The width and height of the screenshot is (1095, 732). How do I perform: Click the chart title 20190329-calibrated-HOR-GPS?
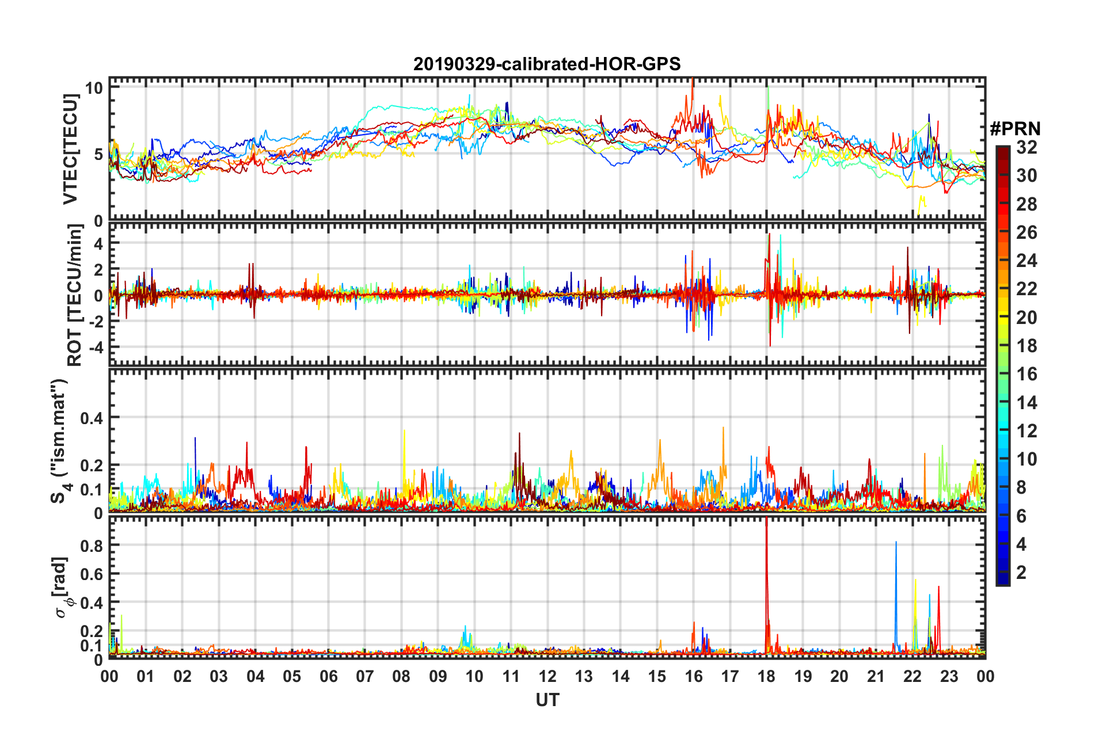(x=547, y=64)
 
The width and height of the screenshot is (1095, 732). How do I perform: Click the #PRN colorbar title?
(x=1014, y=128)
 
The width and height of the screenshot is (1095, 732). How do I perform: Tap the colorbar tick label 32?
(x=1026, y=147)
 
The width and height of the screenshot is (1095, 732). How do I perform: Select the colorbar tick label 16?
(x=1026, y=374)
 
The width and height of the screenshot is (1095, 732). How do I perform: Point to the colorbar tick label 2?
(x=1022, y=572)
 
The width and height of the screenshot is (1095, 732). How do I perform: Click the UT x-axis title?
(x=547, y=700)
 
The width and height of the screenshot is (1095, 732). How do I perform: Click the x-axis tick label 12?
(x=547, y=676)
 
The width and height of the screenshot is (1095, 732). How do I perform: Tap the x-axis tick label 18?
(x=766, y=676)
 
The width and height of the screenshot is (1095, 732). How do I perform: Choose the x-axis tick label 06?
(x=328, y=676)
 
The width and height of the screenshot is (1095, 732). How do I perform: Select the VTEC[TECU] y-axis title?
(x=70, y=150)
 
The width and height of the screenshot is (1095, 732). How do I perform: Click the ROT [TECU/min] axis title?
(x=75, y=295)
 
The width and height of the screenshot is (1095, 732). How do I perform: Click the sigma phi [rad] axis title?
(x=63, y=587)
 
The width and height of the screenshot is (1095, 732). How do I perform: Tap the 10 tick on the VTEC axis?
(x=94, y=88)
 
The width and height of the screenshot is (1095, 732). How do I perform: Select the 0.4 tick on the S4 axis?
(x=91, y=418)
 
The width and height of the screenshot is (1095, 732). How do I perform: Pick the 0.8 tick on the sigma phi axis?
(x=91, y=546)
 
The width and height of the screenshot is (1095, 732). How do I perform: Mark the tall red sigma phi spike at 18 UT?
(x=766, y=552)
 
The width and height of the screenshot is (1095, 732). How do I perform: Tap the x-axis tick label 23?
(x=949, y=676)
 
